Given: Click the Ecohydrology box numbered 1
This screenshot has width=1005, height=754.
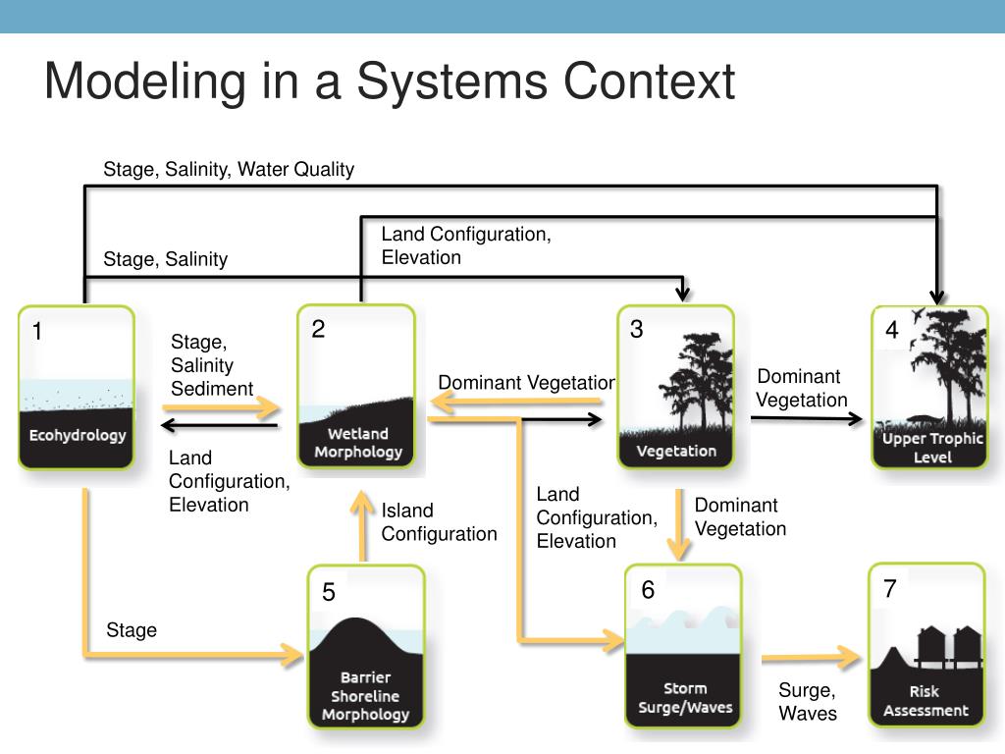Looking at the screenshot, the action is tap(77, 387).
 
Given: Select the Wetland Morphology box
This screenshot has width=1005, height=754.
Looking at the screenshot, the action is tap(356, 386).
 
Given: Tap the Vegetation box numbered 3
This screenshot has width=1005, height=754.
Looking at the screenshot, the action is tap(675, 387).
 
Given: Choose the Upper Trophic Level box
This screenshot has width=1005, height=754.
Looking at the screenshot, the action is tap(930, 387).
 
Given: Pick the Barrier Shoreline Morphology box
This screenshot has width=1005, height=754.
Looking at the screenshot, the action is tap(366, 646).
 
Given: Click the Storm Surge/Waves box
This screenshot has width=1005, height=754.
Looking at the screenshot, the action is tap(683, 646).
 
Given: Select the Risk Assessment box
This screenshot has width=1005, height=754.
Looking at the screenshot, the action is tap(926, 644).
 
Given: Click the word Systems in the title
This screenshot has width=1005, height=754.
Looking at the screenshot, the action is tap(452, 82).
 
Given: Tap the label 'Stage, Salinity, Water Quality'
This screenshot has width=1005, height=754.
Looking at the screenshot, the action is tap(229, 169).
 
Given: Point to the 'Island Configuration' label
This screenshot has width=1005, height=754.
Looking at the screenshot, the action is tap(439, 522).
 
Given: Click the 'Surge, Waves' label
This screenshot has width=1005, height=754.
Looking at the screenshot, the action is tap(808, 701).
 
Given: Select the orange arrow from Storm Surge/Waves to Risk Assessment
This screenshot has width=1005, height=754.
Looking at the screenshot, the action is tap(811, 657).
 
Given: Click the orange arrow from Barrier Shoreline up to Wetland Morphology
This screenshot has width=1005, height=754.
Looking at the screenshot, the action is tap(362, 526).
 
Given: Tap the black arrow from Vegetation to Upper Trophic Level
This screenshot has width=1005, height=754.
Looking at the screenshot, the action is tap(807, 418).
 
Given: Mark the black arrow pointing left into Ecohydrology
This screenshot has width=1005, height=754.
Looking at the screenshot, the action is tap(219, 425).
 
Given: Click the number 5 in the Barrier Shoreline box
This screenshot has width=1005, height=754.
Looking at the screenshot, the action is tap(329, 592).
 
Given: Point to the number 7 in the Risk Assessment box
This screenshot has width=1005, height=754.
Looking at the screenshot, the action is tap(889, 589).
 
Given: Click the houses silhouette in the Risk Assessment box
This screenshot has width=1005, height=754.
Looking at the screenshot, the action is tap(949, 646).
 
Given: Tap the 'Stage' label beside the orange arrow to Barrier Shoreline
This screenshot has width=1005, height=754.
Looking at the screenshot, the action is tap(132, 630).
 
